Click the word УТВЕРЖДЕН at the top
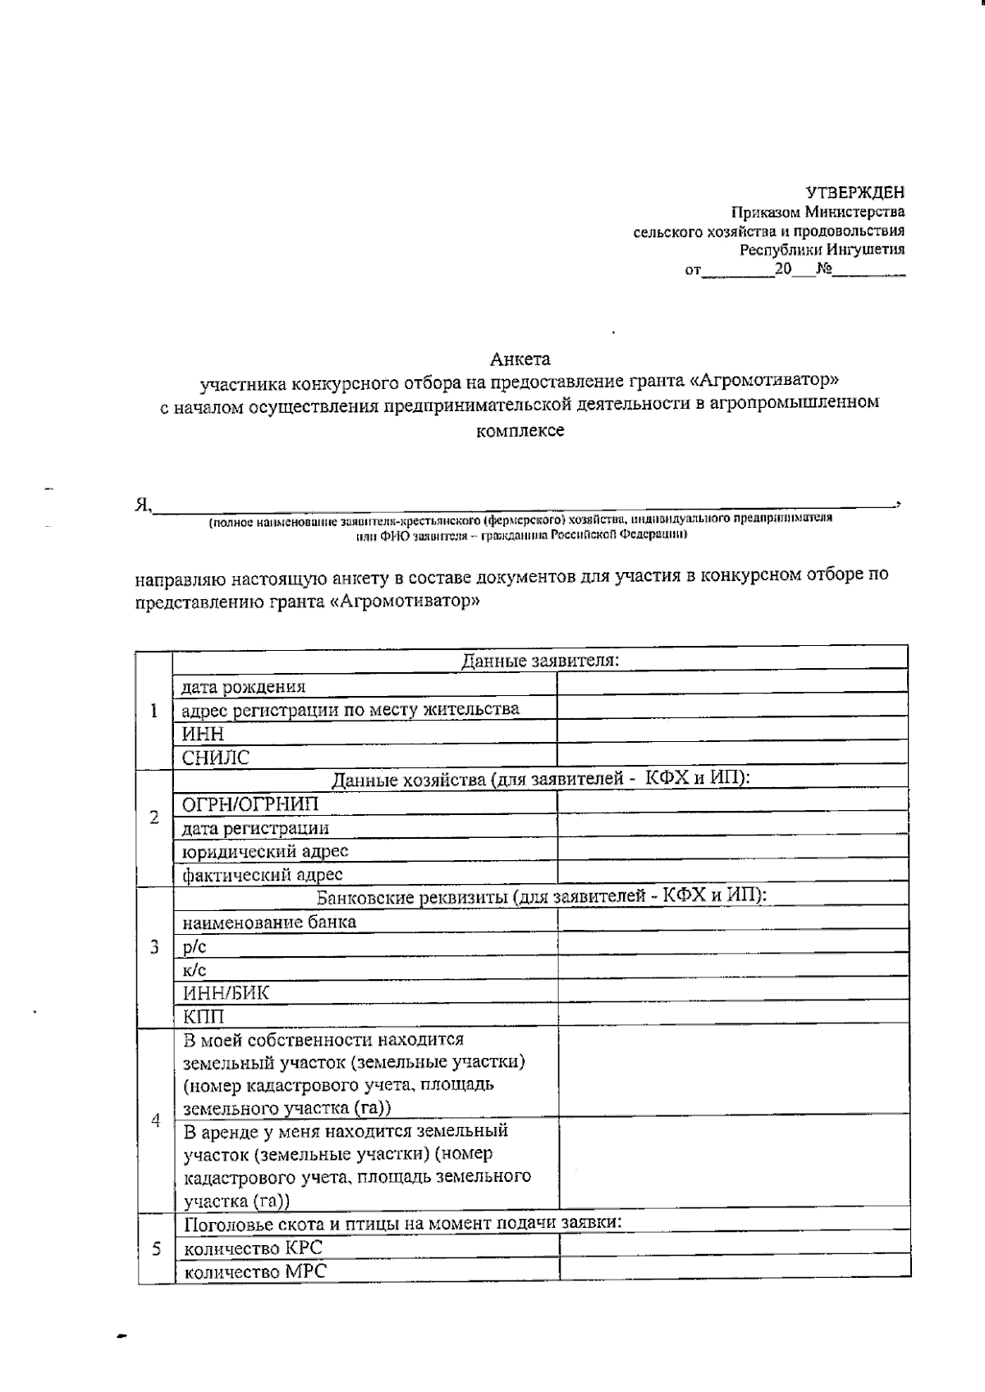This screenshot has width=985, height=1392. click(x=854, y=193)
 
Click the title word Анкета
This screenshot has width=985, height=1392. click(x=520, y=359)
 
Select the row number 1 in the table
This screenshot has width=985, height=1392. click(x=153, y=711)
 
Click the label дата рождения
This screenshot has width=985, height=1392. click(x=244, y=687)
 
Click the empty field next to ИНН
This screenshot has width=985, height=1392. click(x=732, y=733)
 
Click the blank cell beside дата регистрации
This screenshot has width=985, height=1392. click(x=732, y=827)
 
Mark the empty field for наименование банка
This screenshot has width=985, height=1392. click(x=732, y=921)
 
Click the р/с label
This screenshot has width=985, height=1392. click(x=195, y=946)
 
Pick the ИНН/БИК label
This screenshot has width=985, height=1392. click(x=225, y=993)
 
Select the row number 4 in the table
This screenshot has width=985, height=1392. click(x=155, y=1121)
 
